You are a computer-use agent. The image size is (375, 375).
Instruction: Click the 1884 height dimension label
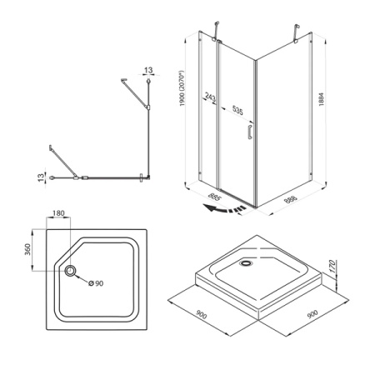[x=322, y=99]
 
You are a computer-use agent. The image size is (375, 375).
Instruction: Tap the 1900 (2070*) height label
[x=182, y=88]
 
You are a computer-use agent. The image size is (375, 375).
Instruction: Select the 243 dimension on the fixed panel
[x=210, y=97]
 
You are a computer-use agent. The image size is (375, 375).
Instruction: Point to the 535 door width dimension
[x=237, y=110]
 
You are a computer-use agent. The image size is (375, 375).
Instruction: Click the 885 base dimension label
[x=214, y=197]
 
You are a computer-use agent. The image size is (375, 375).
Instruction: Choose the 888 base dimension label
[x=291, y=198]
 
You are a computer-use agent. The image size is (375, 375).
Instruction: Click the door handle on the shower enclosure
[x=249, y=132]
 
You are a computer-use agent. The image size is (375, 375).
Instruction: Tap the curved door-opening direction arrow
[x=224, y=209]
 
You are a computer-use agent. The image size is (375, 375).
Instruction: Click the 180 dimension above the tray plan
[x=58, y=213]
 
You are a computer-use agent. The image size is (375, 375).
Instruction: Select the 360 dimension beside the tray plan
[x=27, y=249]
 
